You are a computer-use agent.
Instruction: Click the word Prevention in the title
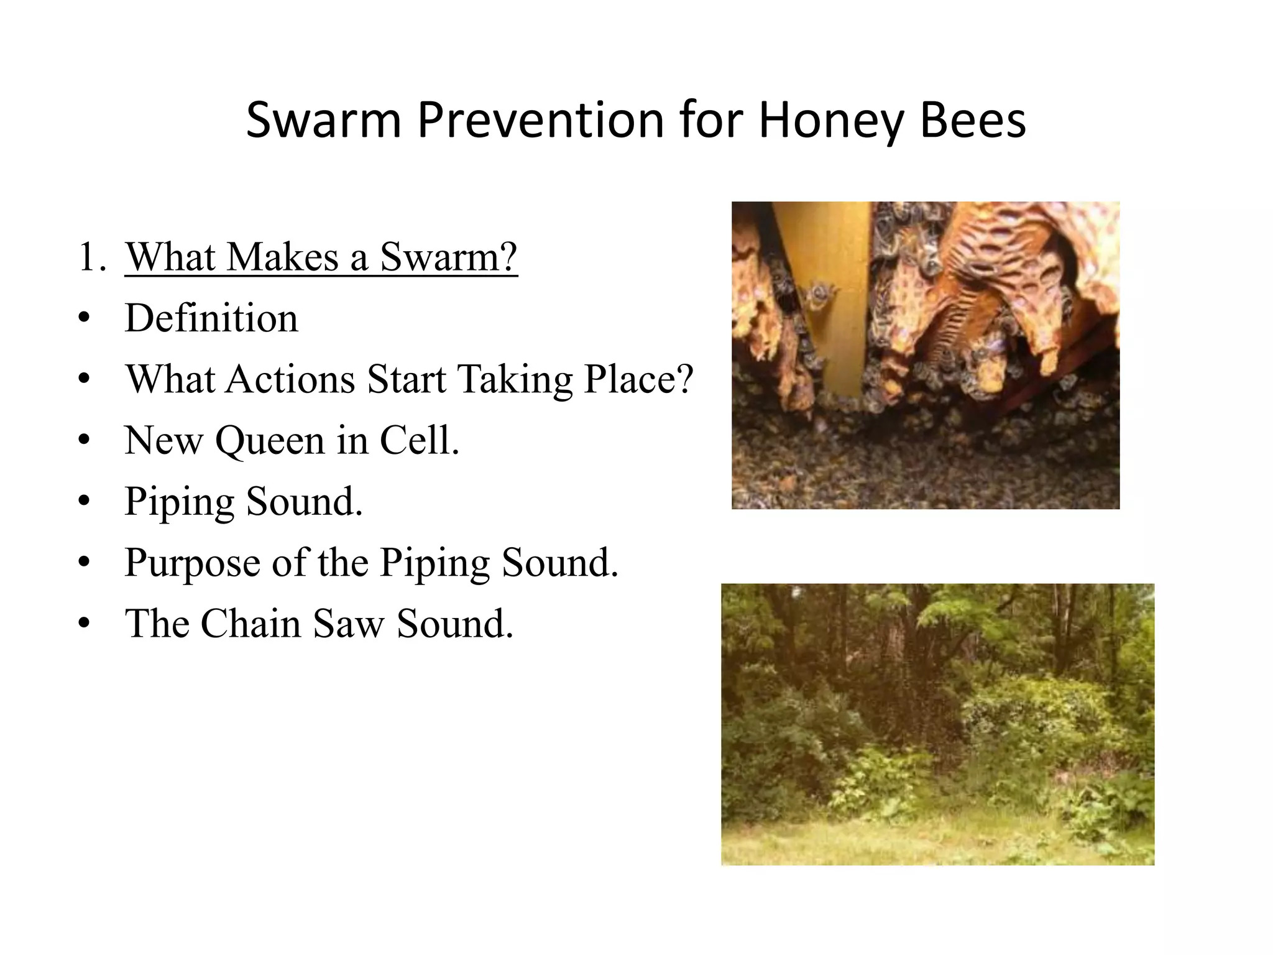tap(541, 121)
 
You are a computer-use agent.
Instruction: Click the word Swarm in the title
tap(323, 121)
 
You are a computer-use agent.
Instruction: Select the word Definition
tap(211, 318)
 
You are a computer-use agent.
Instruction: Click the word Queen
tap(270, 440)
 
